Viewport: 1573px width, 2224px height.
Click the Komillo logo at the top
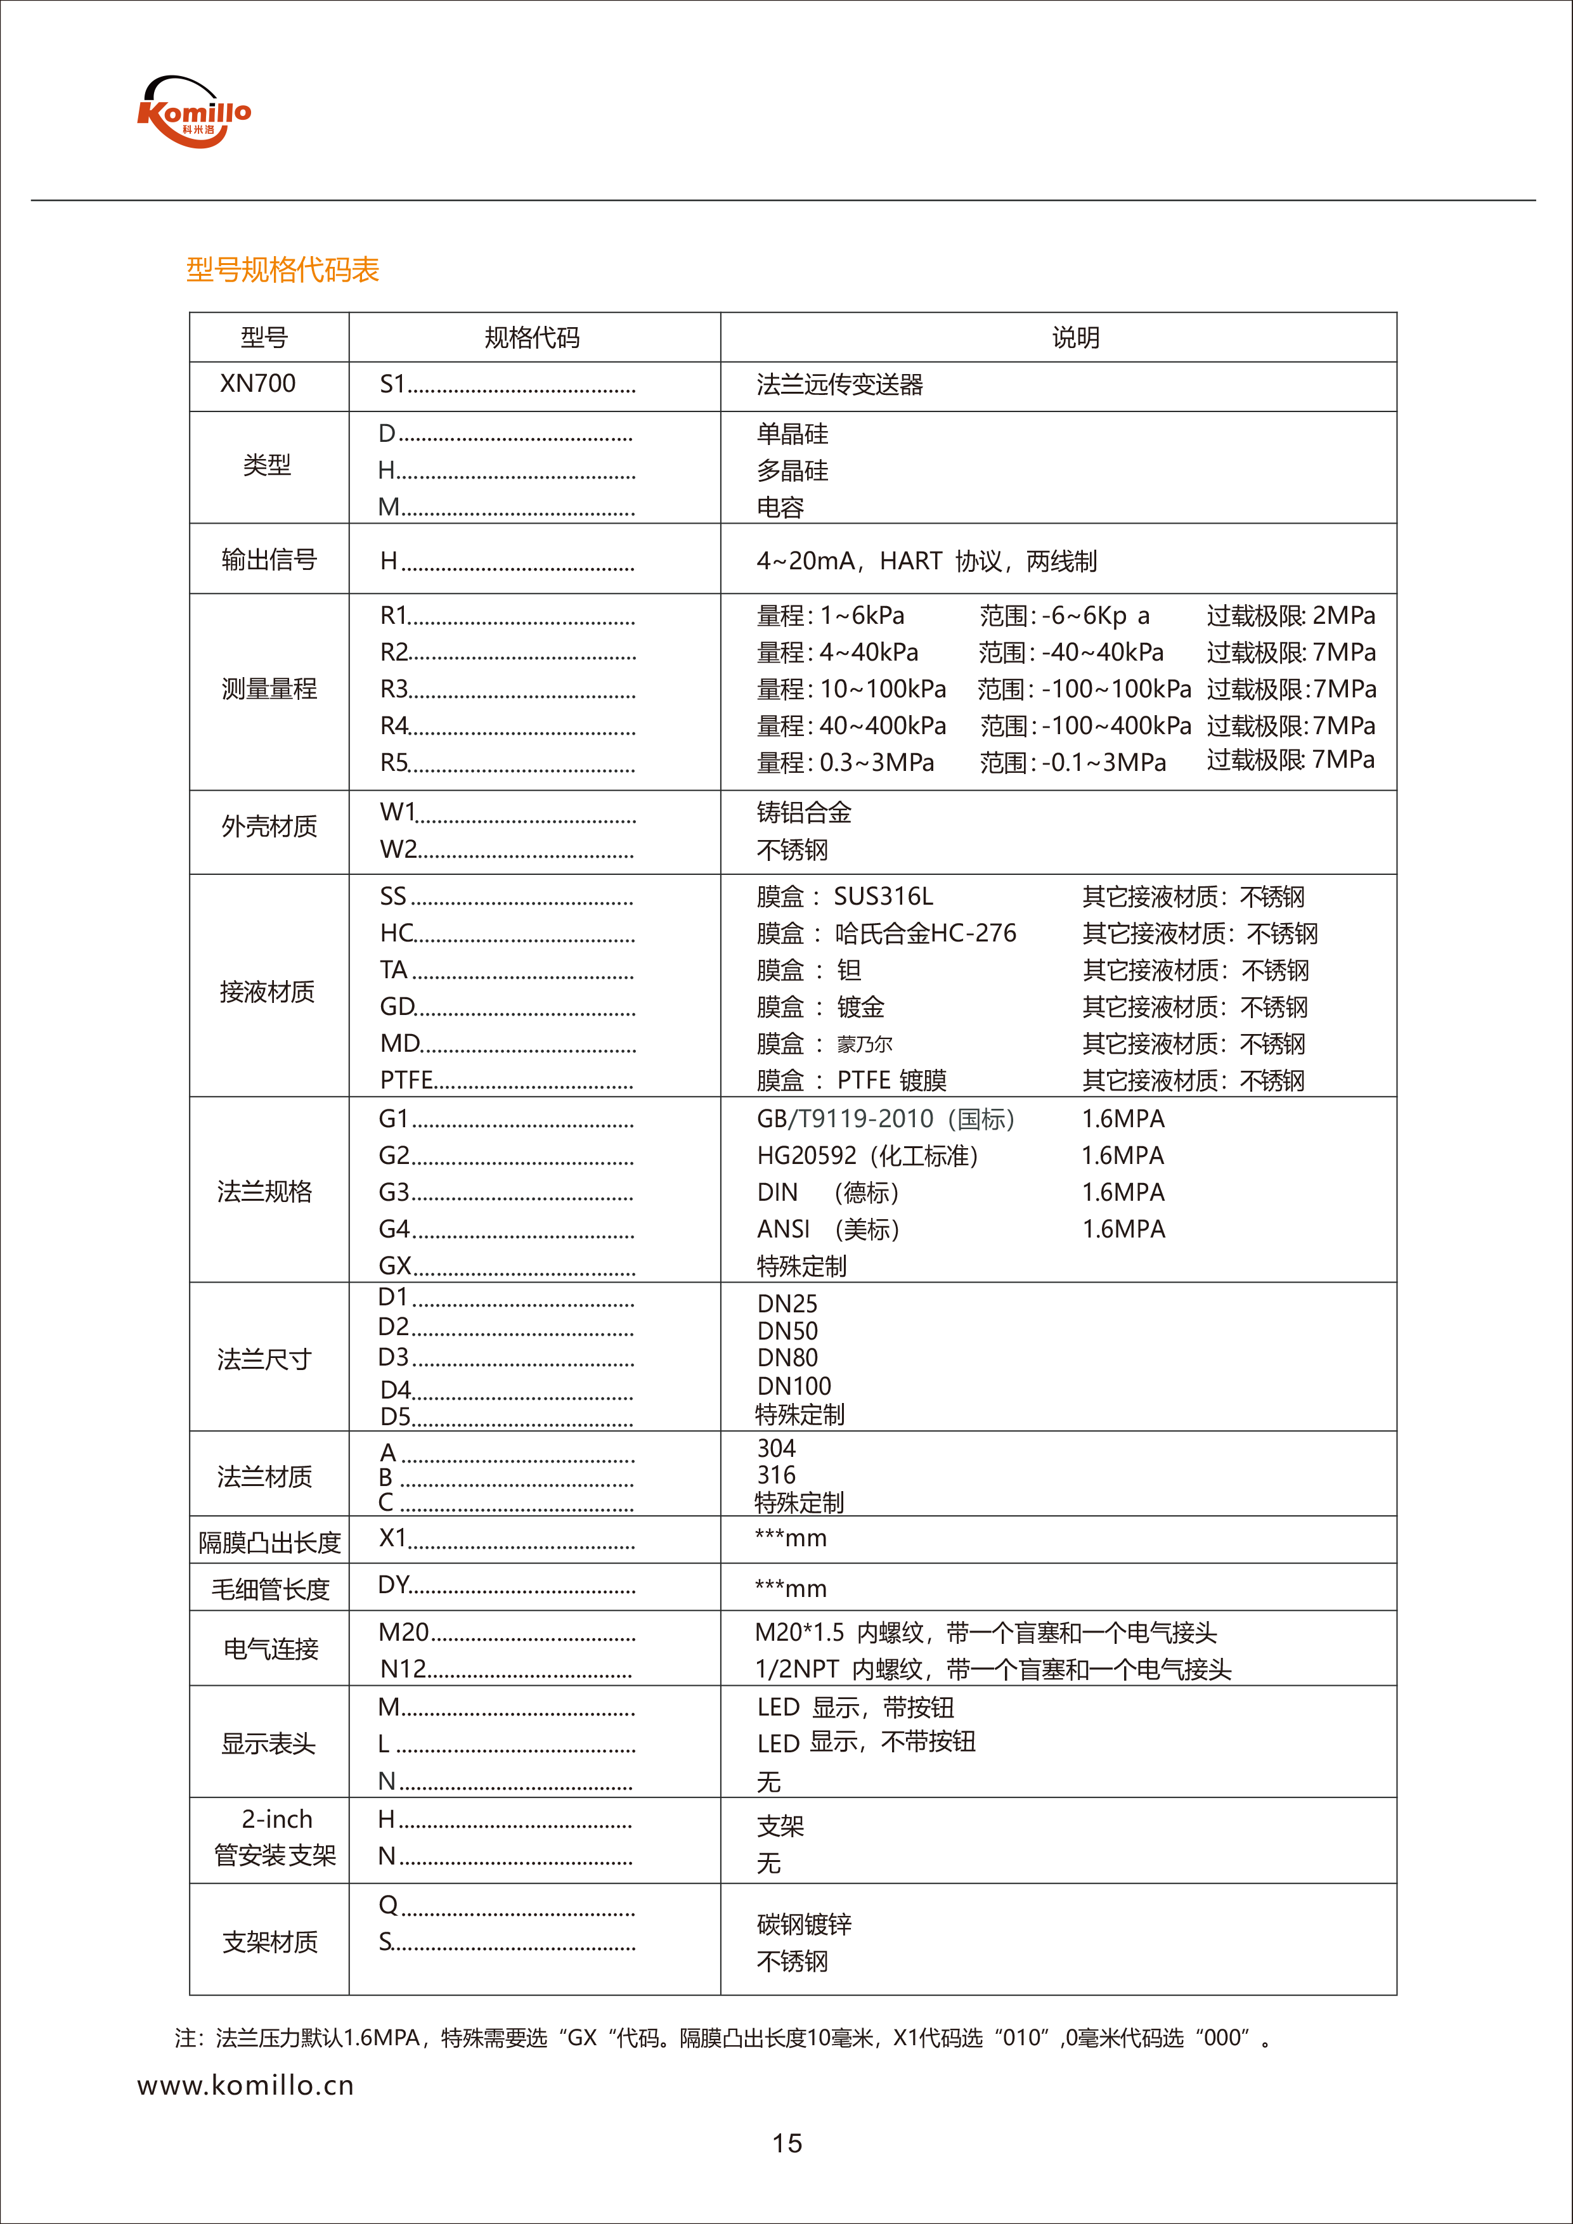click(194, 112)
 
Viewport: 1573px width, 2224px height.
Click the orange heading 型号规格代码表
click(282, 269)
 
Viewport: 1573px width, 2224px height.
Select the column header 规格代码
click(532, 338)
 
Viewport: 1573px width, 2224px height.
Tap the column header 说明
click(1075, 338)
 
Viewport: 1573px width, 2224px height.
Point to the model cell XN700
click(257, 384)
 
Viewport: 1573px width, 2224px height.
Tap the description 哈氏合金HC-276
click(925, 933)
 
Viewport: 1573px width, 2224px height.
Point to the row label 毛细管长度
click(270, 1589)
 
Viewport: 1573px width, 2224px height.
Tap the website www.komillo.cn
click(245, 2086)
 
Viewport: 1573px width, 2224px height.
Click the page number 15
click(786, 2143)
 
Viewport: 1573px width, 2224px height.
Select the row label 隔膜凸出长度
click(269, 1542)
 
